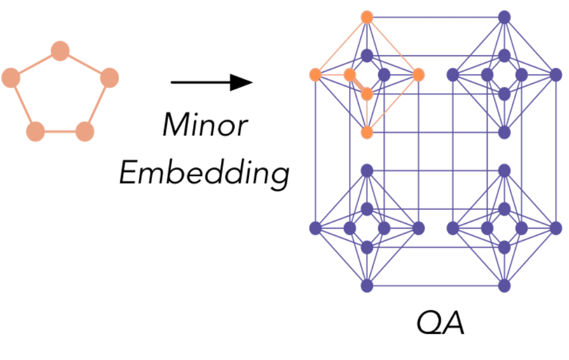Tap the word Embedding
(x=204, y=173)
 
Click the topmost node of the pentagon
(x=60, y=51)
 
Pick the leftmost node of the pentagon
(x=11, y=77)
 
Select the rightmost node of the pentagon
(x=109, y=77)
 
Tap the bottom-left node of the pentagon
(x=36, y=131)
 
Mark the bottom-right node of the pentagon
(x=85, y=131)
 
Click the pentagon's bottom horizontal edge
(x=60, y=131)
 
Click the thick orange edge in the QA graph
(x=358, y=84)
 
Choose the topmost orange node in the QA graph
(x=367, y=17)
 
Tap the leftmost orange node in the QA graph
(x=315, y=75)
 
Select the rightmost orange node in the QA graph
(x=418, y=75)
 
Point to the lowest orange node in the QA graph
(x=367, y=132)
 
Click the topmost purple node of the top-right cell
(x=504, y=17)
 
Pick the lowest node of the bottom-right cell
(x=504, y=286)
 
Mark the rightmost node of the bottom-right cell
(x=556, y=228)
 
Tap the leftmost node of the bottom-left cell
(x=315, y=228)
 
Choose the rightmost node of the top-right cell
(x=556, y=75)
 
